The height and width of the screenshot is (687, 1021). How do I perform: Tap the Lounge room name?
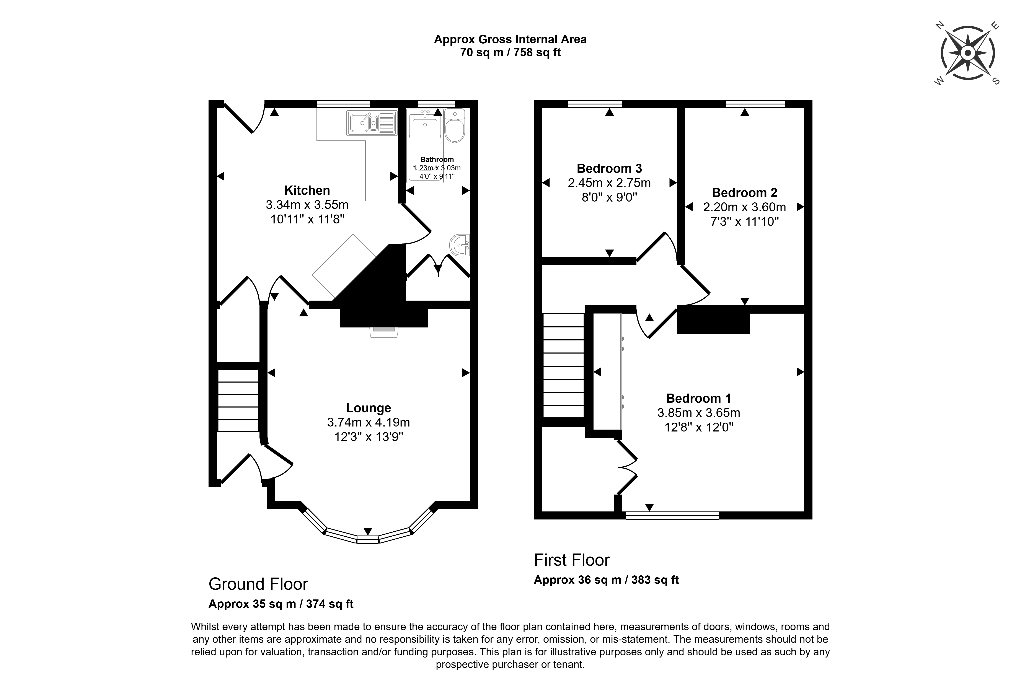pos(369,408)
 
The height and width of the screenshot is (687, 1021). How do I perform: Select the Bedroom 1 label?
pos(698,398)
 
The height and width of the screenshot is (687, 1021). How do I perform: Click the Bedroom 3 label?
pos(609,168)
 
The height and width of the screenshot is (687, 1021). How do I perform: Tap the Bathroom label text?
pos(437,160)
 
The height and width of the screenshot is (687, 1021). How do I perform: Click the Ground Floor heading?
pos(258,584)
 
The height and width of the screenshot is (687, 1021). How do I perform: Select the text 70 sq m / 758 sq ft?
pos(510,53)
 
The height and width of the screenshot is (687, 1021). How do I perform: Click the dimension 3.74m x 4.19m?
pos(369,422)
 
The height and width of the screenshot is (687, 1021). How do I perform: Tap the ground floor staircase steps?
pos(238,401)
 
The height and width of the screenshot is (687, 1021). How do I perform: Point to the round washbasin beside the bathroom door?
pos(460,245)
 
